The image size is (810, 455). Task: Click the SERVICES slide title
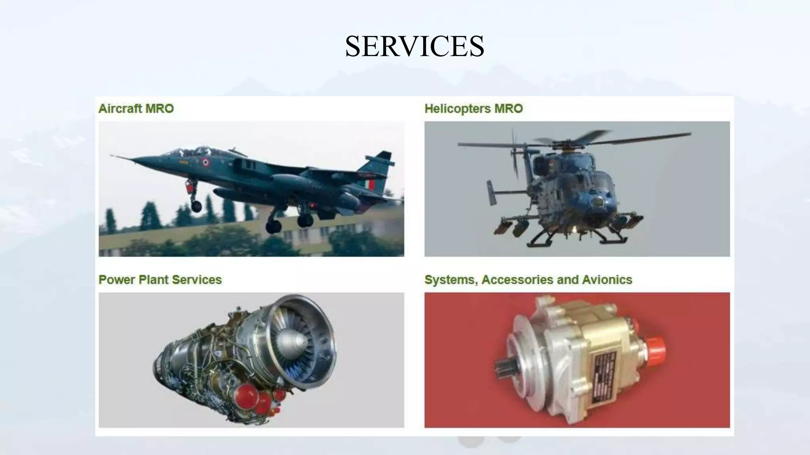tap(414, 46)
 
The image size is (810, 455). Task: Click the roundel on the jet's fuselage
tap(205, 162)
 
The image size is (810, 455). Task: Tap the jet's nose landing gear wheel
tap(196, 205)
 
